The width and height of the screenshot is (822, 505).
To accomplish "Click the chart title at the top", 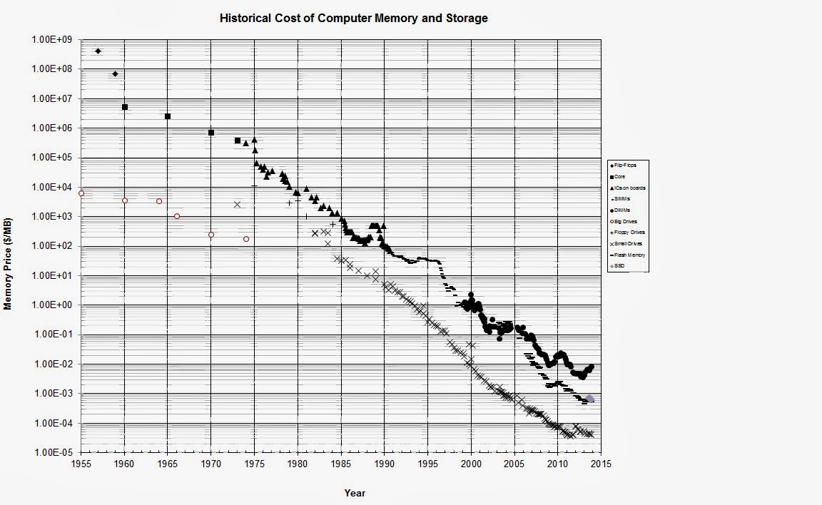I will click(x=354, y=18).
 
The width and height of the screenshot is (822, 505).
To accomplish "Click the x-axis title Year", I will click(x=355, y=492).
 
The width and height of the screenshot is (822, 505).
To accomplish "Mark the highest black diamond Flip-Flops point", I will click(x=98, y=51).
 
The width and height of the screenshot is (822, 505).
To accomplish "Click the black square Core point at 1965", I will click(x=168, y=116).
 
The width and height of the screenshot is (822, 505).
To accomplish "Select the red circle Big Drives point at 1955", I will click(x=81, y=193).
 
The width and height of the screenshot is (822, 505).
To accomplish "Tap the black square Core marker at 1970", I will click(x=211, y=133).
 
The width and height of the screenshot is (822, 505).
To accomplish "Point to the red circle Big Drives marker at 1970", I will click(x=211, y=235).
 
